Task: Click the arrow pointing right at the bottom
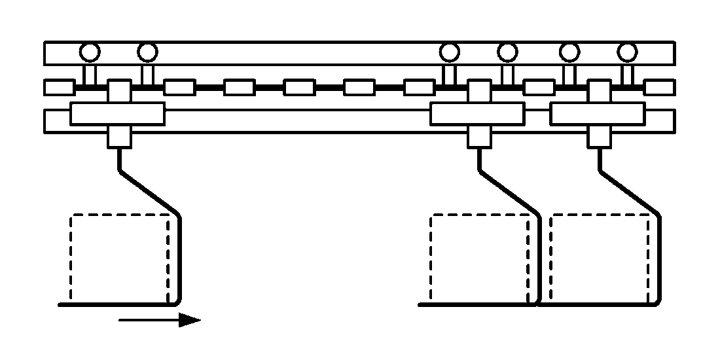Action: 160,320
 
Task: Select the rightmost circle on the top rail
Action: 627,50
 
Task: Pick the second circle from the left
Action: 147,50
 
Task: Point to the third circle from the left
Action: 449,50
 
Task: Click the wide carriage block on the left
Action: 117,114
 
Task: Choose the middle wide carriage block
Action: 477,114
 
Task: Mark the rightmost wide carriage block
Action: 597,114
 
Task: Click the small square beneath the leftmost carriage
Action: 119,137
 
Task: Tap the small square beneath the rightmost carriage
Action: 599,137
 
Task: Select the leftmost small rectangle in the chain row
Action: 59,86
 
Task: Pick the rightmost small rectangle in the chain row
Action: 659,86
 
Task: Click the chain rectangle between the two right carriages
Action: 539,86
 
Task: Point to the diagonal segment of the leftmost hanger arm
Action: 149,194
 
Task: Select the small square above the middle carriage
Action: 480,90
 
